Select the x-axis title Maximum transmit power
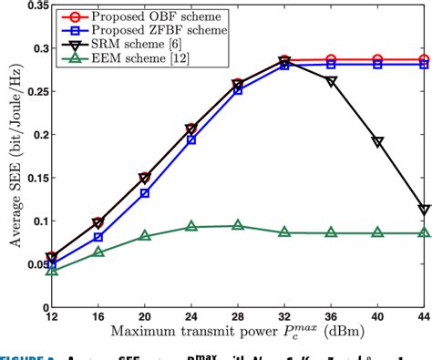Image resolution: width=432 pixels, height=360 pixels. [219, 334]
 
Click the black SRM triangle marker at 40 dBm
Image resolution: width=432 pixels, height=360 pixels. [377, 142]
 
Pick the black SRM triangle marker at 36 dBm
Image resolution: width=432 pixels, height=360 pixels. [331, 82]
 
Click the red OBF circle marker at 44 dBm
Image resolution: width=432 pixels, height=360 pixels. [424, 59]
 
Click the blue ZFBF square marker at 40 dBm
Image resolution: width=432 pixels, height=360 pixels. [377, 65]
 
